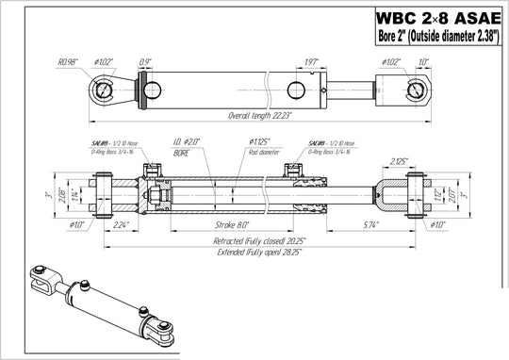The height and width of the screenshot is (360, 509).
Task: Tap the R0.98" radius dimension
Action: pos(68,63)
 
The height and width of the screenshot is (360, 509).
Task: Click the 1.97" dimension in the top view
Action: pos(313,64)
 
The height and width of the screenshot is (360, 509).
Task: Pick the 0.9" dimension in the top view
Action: pos(144,64)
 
